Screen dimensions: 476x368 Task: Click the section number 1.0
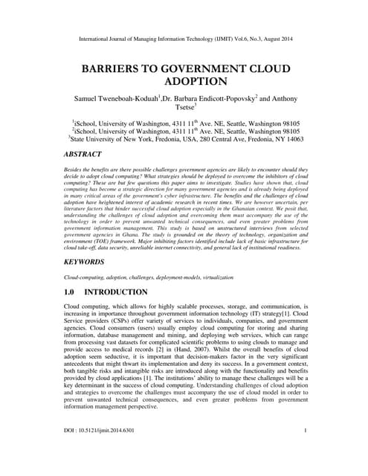72,293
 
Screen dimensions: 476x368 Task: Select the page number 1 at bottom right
305,451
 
